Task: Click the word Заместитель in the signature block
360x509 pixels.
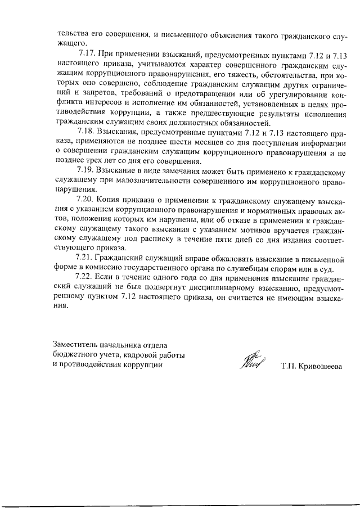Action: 75,345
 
